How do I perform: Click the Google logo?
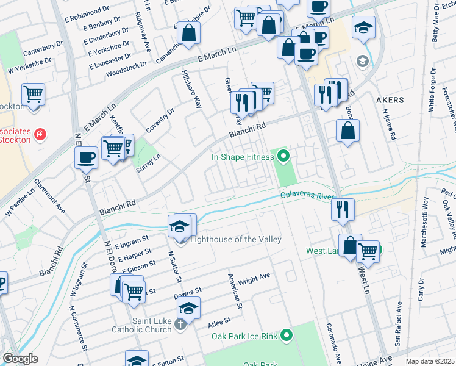[x=20, y=359]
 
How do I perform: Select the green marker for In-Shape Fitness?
[x=282, y=157]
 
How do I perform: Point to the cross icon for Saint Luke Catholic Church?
[x=180, y=324]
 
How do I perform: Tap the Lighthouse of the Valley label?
[x=236, y=239]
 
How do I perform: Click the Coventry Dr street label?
[x=160, y=120]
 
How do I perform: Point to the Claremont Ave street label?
[x=49, y=195]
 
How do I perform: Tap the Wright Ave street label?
[x=254, y=279]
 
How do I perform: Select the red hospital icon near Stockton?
[x=40, y=134]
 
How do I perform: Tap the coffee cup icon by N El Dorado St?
[x=86, y=157]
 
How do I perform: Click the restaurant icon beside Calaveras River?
[x=343, y=209]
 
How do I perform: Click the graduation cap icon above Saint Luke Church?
[x=189, y=309]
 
